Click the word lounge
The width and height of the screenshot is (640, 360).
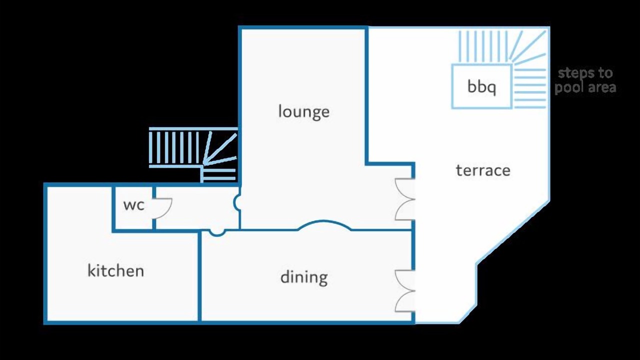coord(303,111)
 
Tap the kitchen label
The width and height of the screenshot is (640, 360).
coord(115,270)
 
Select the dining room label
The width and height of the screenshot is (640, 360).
coord(304,277)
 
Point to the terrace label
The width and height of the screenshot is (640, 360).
coord(483,170)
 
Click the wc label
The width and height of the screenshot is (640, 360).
coord(133,205)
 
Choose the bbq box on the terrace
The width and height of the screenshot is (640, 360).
coord(481,86)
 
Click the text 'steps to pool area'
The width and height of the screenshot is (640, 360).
coord(585,80)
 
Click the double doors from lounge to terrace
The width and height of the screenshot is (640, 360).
coord(405,199)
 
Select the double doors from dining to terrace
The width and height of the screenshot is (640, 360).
coord(405,291)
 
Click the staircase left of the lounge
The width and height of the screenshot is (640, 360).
coord(193,154)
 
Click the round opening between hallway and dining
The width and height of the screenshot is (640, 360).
coord(217,233)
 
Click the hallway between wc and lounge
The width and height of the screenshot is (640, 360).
coord(197,207)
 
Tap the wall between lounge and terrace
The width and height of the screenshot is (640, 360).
coord(366,95)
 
